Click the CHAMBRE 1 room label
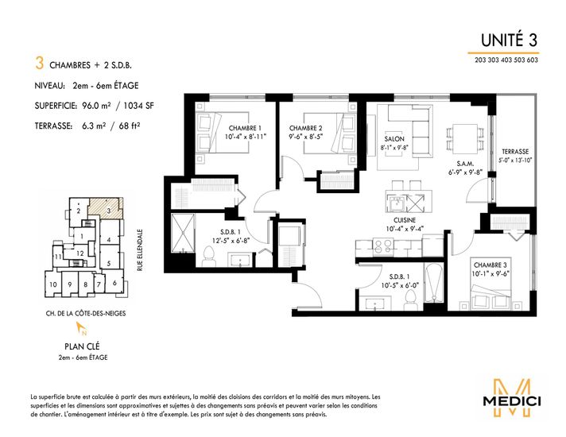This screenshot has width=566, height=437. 245,128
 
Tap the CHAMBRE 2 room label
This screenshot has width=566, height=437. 305,128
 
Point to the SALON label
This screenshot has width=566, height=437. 394,139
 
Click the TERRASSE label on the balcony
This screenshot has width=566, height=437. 515,152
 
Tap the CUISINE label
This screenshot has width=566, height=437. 405,220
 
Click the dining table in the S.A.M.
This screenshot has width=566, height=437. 465,139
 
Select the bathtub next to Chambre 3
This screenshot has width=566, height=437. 433,284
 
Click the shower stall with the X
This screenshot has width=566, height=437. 183,233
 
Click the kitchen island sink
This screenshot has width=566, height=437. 397,204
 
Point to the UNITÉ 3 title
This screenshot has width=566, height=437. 509,40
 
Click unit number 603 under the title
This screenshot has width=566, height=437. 532,60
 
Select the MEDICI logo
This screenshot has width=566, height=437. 512,398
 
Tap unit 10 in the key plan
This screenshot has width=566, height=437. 53,284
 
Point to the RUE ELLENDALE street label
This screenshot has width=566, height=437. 140,250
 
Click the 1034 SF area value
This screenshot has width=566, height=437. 138,106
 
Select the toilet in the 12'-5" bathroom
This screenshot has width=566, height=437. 208,257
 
